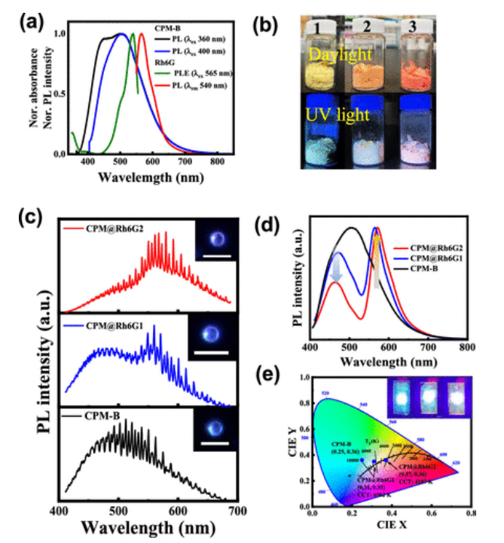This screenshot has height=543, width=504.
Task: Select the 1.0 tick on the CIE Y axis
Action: coord(303,379)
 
